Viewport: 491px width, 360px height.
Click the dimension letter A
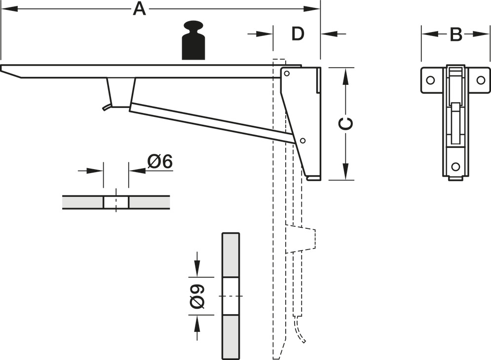click(140, 9)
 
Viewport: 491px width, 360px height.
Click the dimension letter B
click(455, 35)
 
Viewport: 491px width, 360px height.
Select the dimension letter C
click(347, 124)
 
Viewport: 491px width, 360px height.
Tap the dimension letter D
click(297, 34)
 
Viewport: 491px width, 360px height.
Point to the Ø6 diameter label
click(160, 161)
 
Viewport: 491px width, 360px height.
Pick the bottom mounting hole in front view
click(455, 166)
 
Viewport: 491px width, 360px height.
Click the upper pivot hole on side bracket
click(286, 74)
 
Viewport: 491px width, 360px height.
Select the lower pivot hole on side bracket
click(302, 141)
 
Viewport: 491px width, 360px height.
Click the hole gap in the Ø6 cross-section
click(116, 202)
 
